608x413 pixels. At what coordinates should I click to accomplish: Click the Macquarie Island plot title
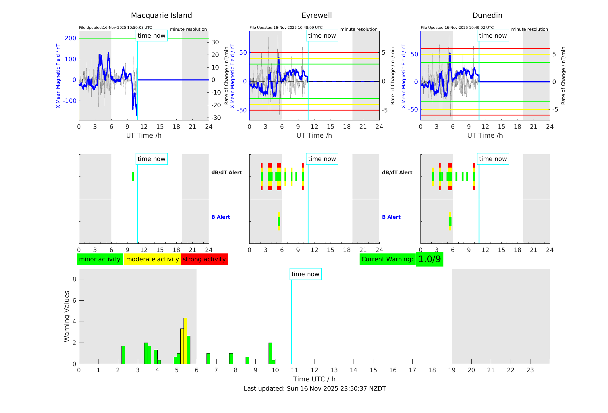tap(161, 16)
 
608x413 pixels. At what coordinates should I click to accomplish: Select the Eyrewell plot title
tap(316, 16)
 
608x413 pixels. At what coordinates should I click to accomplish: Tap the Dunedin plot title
tap(487, 16)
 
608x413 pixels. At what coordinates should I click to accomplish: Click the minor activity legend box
tap(100, 259)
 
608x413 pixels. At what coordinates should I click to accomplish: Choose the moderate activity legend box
tap(152, 259)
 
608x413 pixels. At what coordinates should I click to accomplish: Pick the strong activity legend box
tap(204, 259)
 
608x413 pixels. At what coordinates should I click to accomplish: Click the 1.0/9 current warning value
tap(429, 259)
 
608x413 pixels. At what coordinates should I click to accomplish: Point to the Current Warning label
tap(387, 259)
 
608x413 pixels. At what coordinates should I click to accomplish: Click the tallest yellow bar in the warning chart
tap(185, 341)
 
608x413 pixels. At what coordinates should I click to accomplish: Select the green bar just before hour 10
tap(270, 353)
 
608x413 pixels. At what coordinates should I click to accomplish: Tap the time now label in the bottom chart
tap(305, 274)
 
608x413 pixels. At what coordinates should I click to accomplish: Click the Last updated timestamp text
tap(315, 389)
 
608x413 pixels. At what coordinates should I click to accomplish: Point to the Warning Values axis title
tap(67, 316)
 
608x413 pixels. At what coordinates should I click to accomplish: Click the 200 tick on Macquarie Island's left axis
tap(70, 38)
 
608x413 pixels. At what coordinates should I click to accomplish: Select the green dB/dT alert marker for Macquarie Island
tap(133, 177)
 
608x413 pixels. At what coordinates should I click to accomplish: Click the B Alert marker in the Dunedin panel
tap(450, 221)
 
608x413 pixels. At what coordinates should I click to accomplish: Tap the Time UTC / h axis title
tap(314, 379)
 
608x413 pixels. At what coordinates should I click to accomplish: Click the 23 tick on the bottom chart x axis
tap(530, 370)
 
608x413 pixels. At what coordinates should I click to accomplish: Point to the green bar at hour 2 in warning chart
tap(123, 355)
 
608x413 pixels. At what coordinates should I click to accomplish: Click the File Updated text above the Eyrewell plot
tap(286, 28)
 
